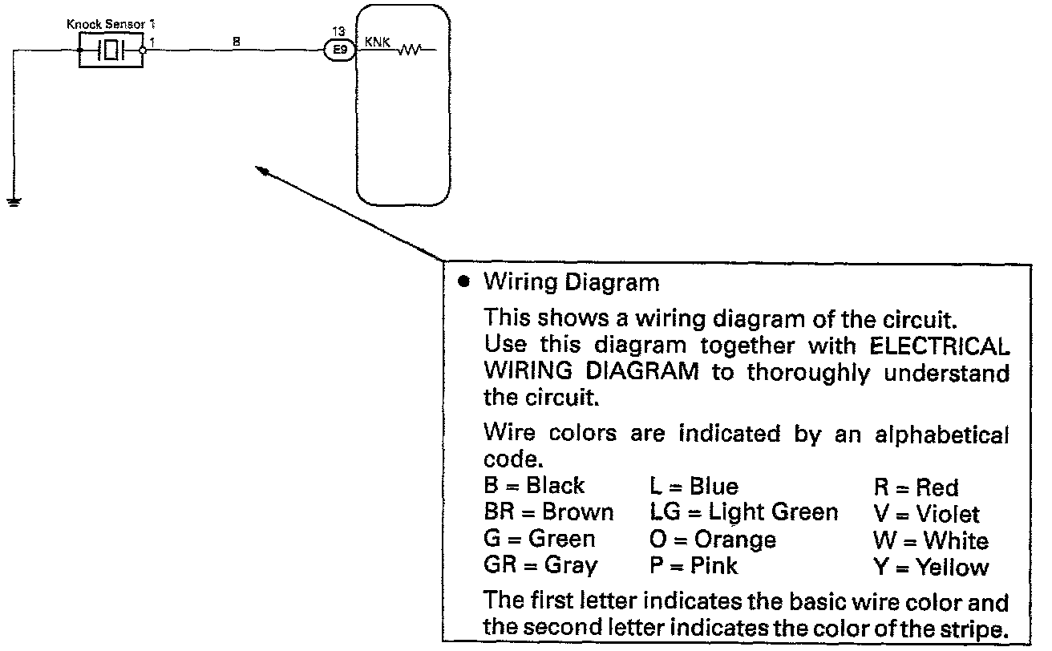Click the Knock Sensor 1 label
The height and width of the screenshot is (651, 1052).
(111, 26)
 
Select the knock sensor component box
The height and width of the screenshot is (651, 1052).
(111, 51)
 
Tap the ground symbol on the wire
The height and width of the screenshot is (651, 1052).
(13, 201)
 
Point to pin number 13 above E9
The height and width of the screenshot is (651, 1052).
(338, 32)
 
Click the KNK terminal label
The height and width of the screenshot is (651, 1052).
(378, 42)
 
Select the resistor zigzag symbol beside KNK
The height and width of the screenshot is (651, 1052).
(411, 51)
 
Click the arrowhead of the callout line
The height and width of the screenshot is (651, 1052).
(259, 168)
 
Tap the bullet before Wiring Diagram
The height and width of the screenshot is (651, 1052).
(463, 282)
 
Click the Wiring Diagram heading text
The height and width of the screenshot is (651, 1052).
(572, 282)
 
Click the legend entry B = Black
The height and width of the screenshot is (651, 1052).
(534, 486)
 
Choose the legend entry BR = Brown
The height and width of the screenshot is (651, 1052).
(548, 512)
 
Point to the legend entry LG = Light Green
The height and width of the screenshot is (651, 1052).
(743, 512)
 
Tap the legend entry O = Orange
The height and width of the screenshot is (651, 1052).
(712, 540)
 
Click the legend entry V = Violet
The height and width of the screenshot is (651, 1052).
(926, 513)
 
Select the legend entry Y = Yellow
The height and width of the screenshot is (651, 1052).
(930, 568)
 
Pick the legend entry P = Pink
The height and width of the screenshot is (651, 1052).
(693, 567)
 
